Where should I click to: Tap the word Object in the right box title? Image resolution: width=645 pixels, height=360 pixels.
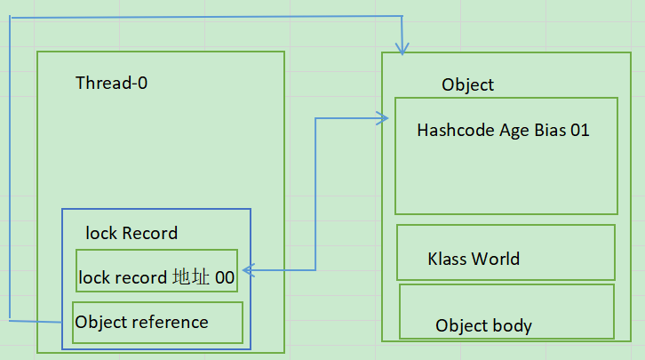467,84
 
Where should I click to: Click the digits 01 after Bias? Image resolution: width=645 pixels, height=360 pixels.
580,131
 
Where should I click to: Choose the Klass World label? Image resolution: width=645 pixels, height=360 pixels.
474,260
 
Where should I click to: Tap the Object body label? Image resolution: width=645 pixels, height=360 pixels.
483,325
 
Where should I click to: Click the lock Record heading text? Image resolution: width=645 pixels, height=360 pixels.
131,234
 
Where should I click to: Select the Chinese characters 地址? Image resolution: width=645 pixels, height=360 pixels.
191,278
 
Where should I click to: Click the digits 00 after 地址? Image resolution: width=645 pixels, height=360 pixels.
225,278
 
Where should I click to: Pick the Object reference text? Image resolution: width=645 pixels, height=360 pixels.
142,322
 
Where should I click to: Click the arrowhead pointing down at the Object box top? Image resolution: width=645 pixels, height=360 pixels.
402,50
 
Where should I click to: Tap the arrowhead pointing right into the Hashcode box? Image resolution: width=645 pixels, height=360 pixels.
385,118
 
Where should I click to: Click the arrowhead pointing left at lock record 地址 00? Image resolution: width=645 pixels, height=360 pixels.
245,268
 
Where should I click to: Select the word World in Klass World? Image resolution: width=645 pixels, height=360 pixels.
497,260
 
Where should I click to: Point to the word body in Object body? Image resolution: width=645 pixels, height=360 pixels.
513,325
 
